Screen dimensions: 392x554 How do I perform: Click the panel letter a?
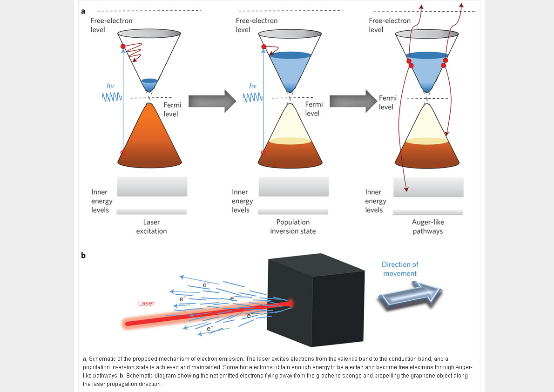pos(83,11)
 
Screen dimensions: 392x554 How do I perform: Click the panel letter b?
pos(83,255)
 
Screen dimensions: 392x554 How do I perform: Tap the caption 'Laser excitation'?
pos(151,227)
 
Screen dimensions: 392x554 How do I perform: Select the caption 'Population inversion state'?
pos(293,227)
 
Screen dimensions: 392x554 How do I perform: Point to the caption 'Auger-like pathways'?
pos(427,227)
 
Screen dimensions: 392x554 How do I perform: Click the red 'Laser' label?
pos(146,303)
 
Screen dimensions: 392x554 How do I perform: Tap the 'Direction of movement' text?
pos(400,269)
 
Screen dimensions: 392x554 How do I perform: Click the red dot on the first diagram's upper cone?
pos(123,47)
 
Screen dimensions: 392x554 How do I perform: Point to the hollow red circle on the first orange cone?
pos(122,153)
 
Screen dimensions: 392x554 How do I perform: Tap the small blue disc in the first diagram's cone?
pos(149,81)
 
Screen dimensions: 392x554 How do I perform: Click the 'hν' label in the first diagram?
pos(110,86)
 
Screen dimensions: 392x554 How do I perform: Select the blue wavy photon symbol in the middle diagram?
pos(253,97)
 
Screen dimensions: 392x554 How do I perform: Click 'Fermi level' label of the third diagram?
pos(387,102)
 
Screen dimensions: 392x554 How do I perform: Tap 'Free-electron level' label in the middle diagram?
pos(257,25)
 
